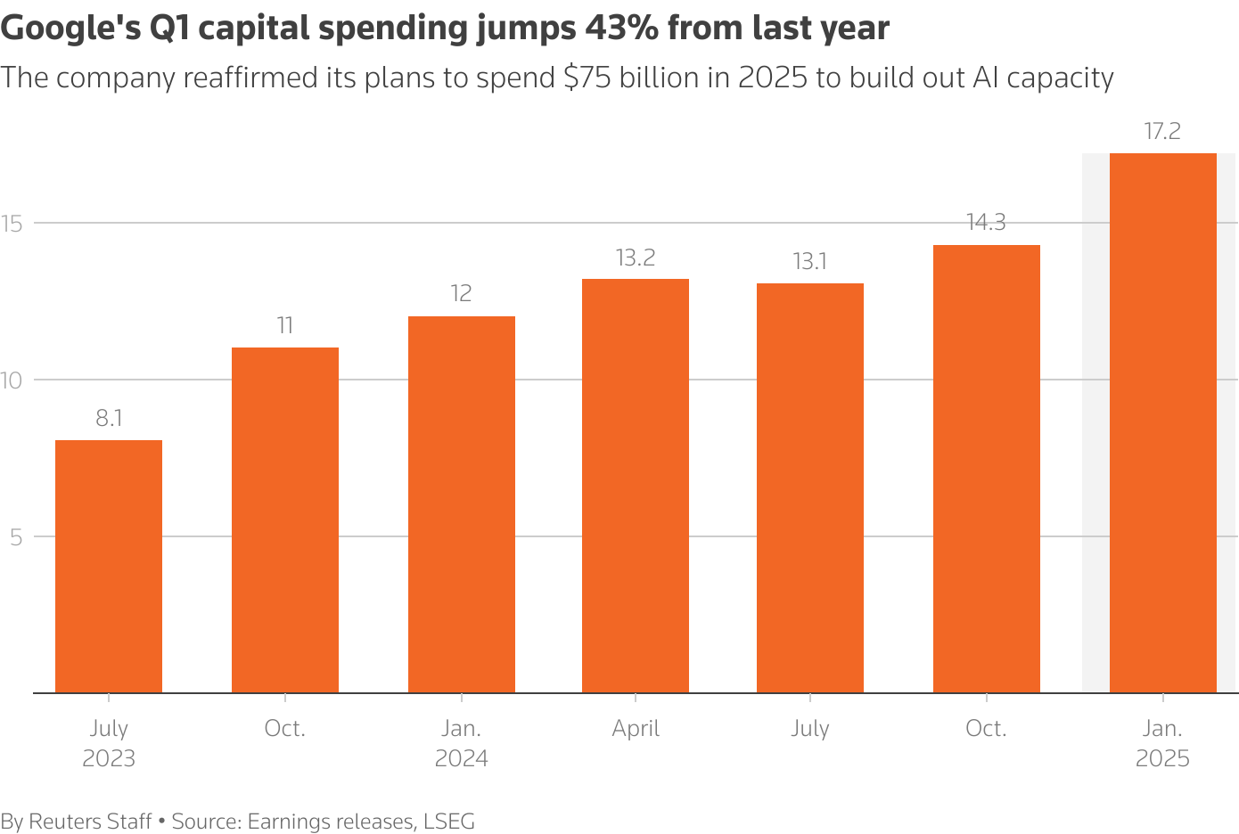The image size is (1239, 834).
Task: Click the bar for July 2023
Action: pos(109,566)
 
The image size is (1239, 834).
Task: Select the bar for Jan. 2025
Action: pos(1162,423)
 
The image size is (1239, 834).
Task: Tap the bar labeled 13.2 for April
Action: pos(636,486)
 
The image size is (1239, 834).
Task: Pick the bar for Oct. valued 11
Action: pos(285,519)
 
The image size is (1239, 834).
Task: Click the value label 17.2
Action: pos(1162,132)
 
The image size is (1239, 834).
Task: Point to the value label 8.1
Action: pos(109,419)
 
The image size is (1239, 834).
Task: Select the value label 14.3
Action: pos(986,223)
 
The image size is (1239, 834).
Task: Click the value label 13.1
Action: pos(809,262)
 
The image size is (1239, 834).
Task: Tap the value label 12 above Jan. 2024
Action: pos(461,294)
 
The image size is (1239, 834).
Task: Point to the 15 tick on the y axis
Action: pos(12,224)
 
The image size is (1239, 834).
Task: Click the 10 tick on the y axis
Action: pos(12,380)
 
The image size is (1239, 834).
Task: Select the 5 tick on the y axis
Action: pos(16,537)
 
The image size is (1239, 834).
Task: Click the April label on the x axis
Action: pos(636,729)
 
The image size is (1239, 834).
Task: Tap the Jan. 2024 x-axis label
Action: pos(461,743)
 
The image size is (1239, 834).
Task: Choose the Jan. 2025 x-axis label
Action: pos(1162,743)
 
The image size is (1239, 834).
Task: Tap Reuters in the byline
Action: pos(65,822)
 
